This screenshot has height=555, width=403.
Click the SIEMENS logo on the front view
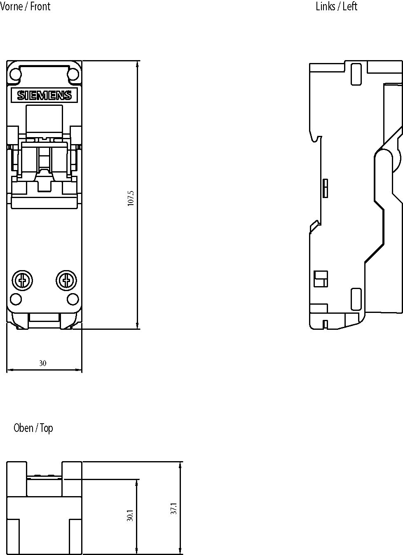point(44,96)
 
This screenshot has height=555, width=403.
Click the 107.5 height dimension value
point(131,198)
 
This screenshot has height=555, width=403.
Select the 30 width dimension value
point(42,363)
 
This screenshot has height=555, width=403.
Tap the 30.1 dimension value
point(130,515)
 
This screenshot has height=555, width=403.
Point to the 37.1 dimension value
point(174,508)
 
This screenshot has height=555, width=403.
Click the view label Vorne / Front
point(25,6)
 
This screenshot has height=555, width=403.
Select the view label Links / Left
point(336,6)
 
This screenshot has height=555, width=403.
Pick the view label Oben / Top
point(33,428)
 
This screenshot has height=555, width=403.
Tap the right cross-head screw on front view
point(66,280)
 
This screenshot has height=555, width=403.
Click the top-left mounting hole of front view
point(15,74)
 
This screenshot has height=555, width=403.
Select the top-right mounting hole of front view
point(73,74)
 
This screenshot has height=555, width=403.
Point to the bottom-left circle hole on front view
point(15,298)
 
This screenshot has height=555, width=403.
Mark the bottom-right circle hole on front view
point(73,298)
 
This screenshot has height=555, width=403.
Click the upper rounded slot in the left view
point(356,74)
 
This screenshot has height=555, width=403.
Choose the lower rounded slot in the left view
point(356,299)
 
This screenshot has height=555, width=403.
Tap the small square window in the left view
point(321,279)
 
